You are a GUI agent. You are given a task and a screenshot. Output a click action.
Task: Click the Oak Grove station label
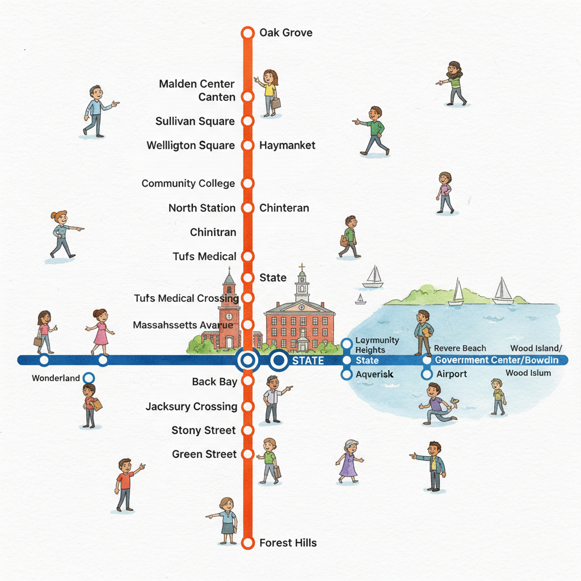pos(285,32)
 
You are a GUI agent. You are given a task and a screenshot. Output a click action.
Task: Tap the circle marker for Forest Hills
pos(247,543)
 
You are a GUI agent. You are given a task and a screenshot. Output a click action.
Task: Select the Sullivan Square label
pos(195,121)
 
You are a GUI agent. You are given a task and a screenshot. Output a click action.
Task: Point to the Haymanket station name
pos(287,146)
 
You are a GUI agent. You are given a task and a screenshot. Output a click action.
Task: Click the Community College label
pos(188,184)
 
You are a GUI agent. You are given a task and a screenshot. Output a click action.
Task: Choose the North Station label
pos(201,208)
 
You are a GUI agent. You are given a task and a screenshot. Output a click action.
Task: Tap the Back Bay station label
pos(214,382)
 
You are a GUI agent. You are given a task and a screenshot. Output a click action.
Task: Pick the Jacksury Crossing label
pos(191,407)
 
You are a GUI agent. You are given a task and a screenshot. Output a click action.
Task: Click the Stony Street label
pos(203,431)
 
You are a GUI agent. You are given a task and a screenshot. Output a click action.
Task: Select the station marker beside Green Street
pos(247,454)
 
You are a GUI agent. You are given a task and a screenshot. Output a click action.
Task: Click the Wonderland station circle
pos(88,378)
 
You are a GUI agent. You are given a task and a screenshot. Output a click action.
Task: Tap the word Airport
pos(452,374)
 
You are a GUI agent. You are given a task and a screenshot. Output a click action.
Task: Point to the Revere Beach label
pos(460,348)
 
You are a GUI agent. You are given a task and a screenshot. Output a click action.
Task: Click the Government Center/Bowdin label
pos(496,360)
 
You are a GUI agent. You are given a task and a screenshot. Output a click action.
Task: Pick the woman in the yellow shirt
pos(269,91)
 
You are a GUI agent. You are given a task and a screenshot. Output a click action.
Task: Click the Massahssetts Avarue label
pos(183,325)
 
